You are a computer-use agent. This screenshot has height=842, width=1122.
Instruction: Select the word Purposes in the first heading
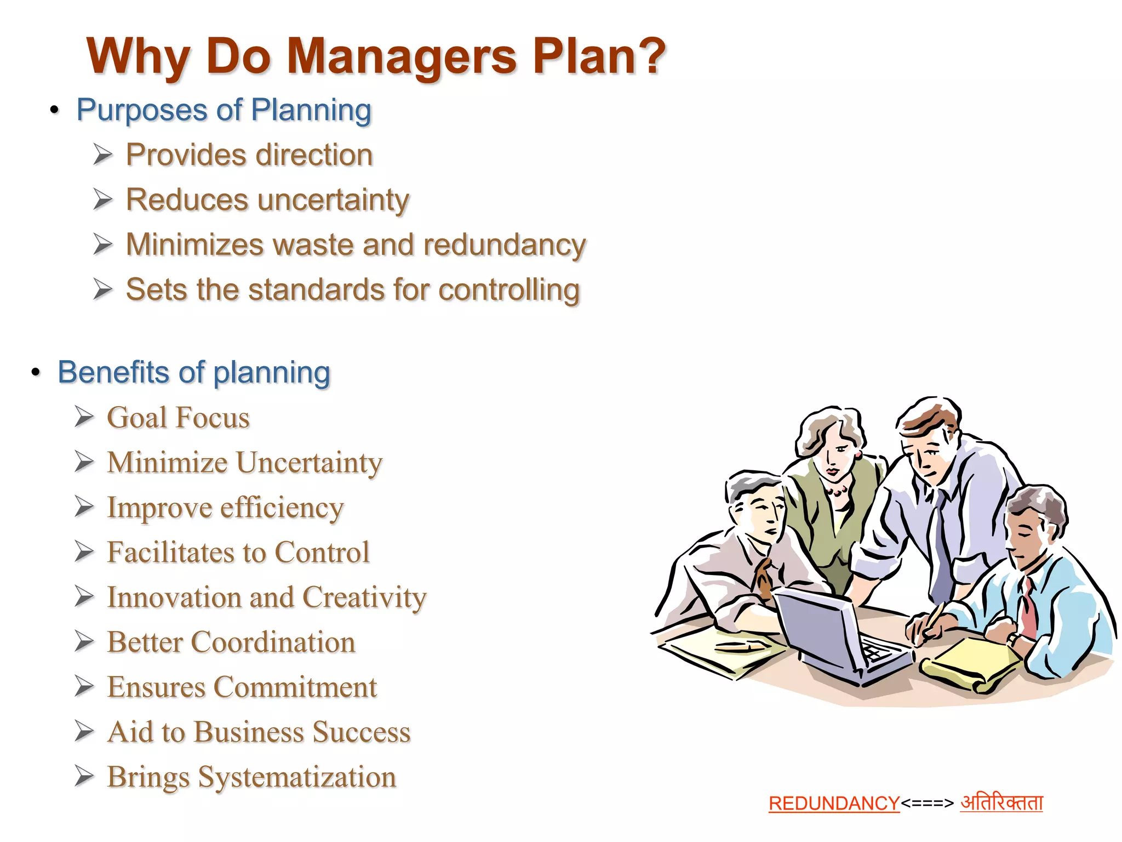pyautogui.click(x=142, y=110)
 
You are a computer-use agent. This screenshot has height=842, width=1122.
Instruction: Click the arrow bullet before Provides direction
pyautogui.click(x=102, y=155)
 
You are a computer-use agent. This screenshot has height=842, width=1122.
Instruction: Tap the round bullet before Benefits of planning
pyautogui.click(x=36, y=373)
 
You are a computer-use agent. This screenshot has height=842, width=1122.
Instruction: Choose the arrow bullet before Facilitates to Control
pyautogui.click(x=84, y=552)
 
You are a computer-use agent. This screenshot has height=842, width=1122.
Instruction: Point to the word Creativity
pyautogui.click(x=364, y=598)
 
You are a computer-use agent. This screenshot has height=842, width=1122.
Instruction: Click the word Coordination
pyautogui.click(x=272, y=642)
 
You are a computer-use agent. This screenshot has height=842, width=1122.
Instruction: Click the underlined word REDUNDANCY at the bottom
pyautogui.click(x=834, y=804)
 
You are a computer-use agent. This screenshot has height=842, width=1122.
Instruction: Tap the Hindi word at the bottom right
pyautogui.click(x=1001, y=803)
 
